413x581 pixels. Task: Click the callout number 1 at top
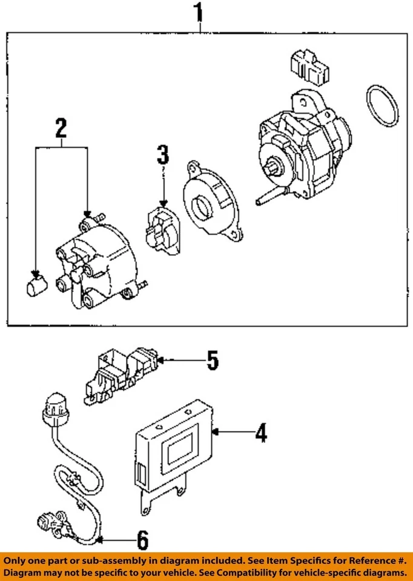tap(197, 13)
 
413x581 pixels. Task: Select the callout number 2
tap(61, 128)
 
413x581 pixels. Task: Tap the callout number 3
tap(162, 155)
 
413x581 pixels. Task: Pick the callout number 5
tap(212, 361)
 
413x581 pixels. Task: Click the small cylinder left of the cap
tap(36, 284)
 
